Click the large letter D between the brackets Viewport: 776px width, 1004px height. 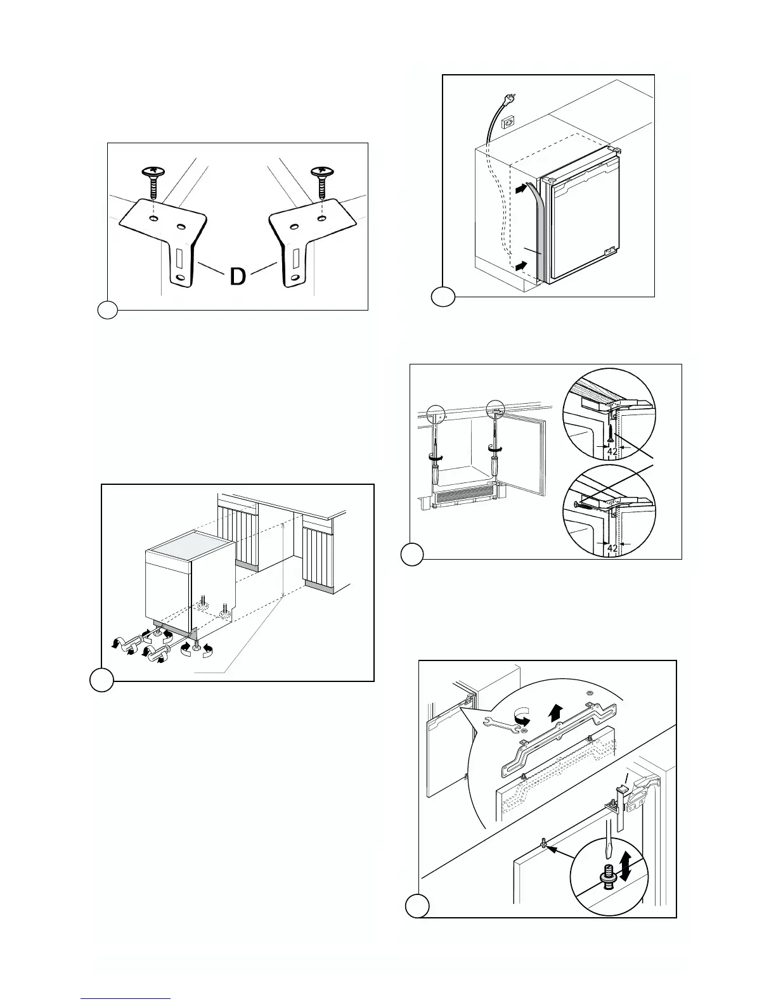(x=237, y=277)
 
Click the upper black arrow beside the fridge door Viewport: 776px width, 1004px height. (x=520, y=188)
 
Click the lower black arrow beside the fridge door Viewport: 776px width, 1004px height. (x=520, y=267)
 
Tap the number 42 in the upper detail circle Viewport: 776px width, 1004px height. (x=612, y=451)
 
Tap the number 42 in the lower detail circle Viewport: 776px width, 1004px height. (x=612, y=548)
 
